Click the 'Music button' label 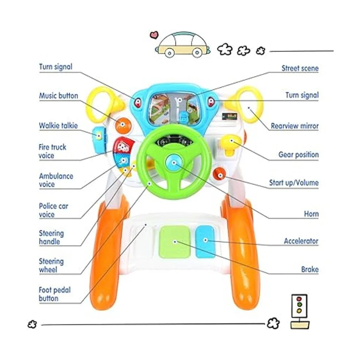click(x=58, y=96)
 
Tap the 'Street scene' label click(x=300, y=68)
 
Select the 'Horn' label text click(x=311, y=214)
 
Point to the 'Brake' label click(x=310, y=269)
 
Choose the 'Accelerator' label click(x=301, y=241)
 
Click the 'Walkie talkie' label click(x=58, y=126)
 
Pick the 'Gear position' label click(x=298, y=155)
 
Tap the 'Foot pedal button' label click(x=54, y=294)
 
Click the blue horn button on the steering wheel click(x=173, y=162)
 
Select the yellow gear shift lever click(x=230, y=143)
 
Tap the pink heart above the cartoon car click(x=154, y=35)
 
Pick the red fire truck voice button click(x=121, y=146)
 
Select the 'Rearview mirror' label click(x=294, y=126)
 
